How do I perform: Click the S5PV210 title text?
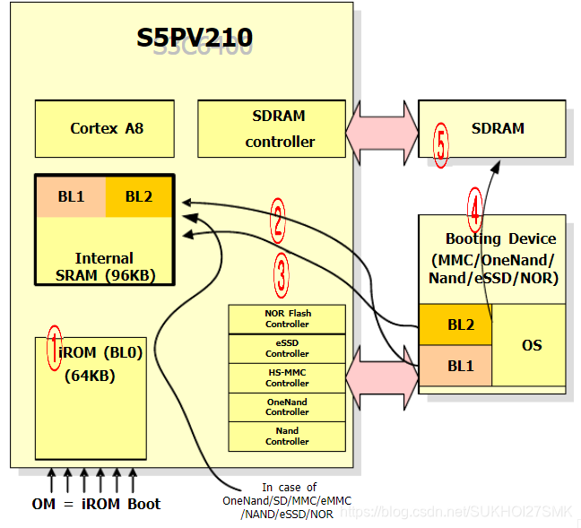194,38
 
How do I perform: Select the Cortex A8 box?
107,128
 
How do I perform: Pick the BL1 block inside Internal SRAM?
71,196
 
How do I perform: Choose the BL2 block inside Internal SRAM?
139,196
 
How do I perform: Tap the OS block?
532,345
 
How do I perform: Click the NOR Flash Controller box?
287,318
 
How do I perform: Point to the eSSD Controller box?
287,348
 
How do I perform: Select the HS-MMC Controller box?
287,377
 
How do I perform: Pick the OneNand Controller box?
287,407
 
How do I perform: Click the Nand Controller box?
287,436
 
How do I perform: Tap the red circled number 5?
440,146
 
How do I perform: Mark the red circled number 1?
55,338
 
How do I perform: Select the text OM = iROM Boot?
96,503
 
